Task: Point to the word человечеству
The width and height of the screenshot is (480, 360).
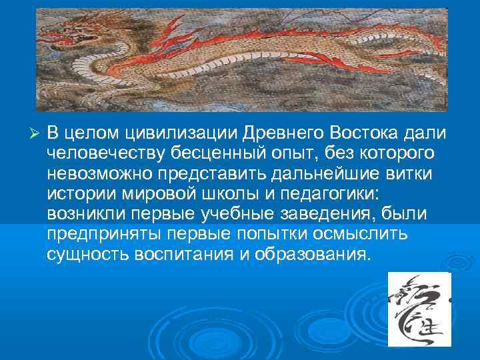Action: [109, 153]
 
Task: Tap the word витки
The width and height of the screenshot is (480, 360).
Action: [411, 173]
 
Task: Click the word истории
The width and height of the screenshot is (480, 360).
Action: [79, 194]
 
